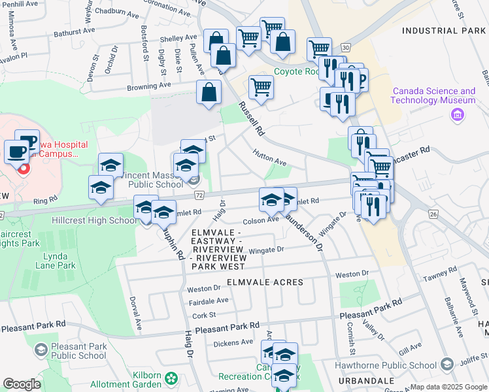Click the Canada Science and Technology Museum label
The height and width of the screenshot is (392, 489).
coord(433,95)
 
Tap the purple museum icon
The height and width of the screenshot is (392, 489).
coord(458,115)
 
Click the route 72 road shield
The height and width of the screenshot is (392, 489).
coord(199,195)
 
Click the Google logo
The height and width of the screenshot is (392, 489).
coord(22,384)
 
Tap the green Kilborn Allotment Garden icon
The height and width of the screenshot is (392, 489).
coord(171,378)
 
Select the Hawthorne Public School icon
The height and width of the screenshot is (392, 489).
coord(448,364)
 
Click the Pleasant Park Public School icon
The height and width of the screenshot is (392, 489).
coord(41,351)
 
